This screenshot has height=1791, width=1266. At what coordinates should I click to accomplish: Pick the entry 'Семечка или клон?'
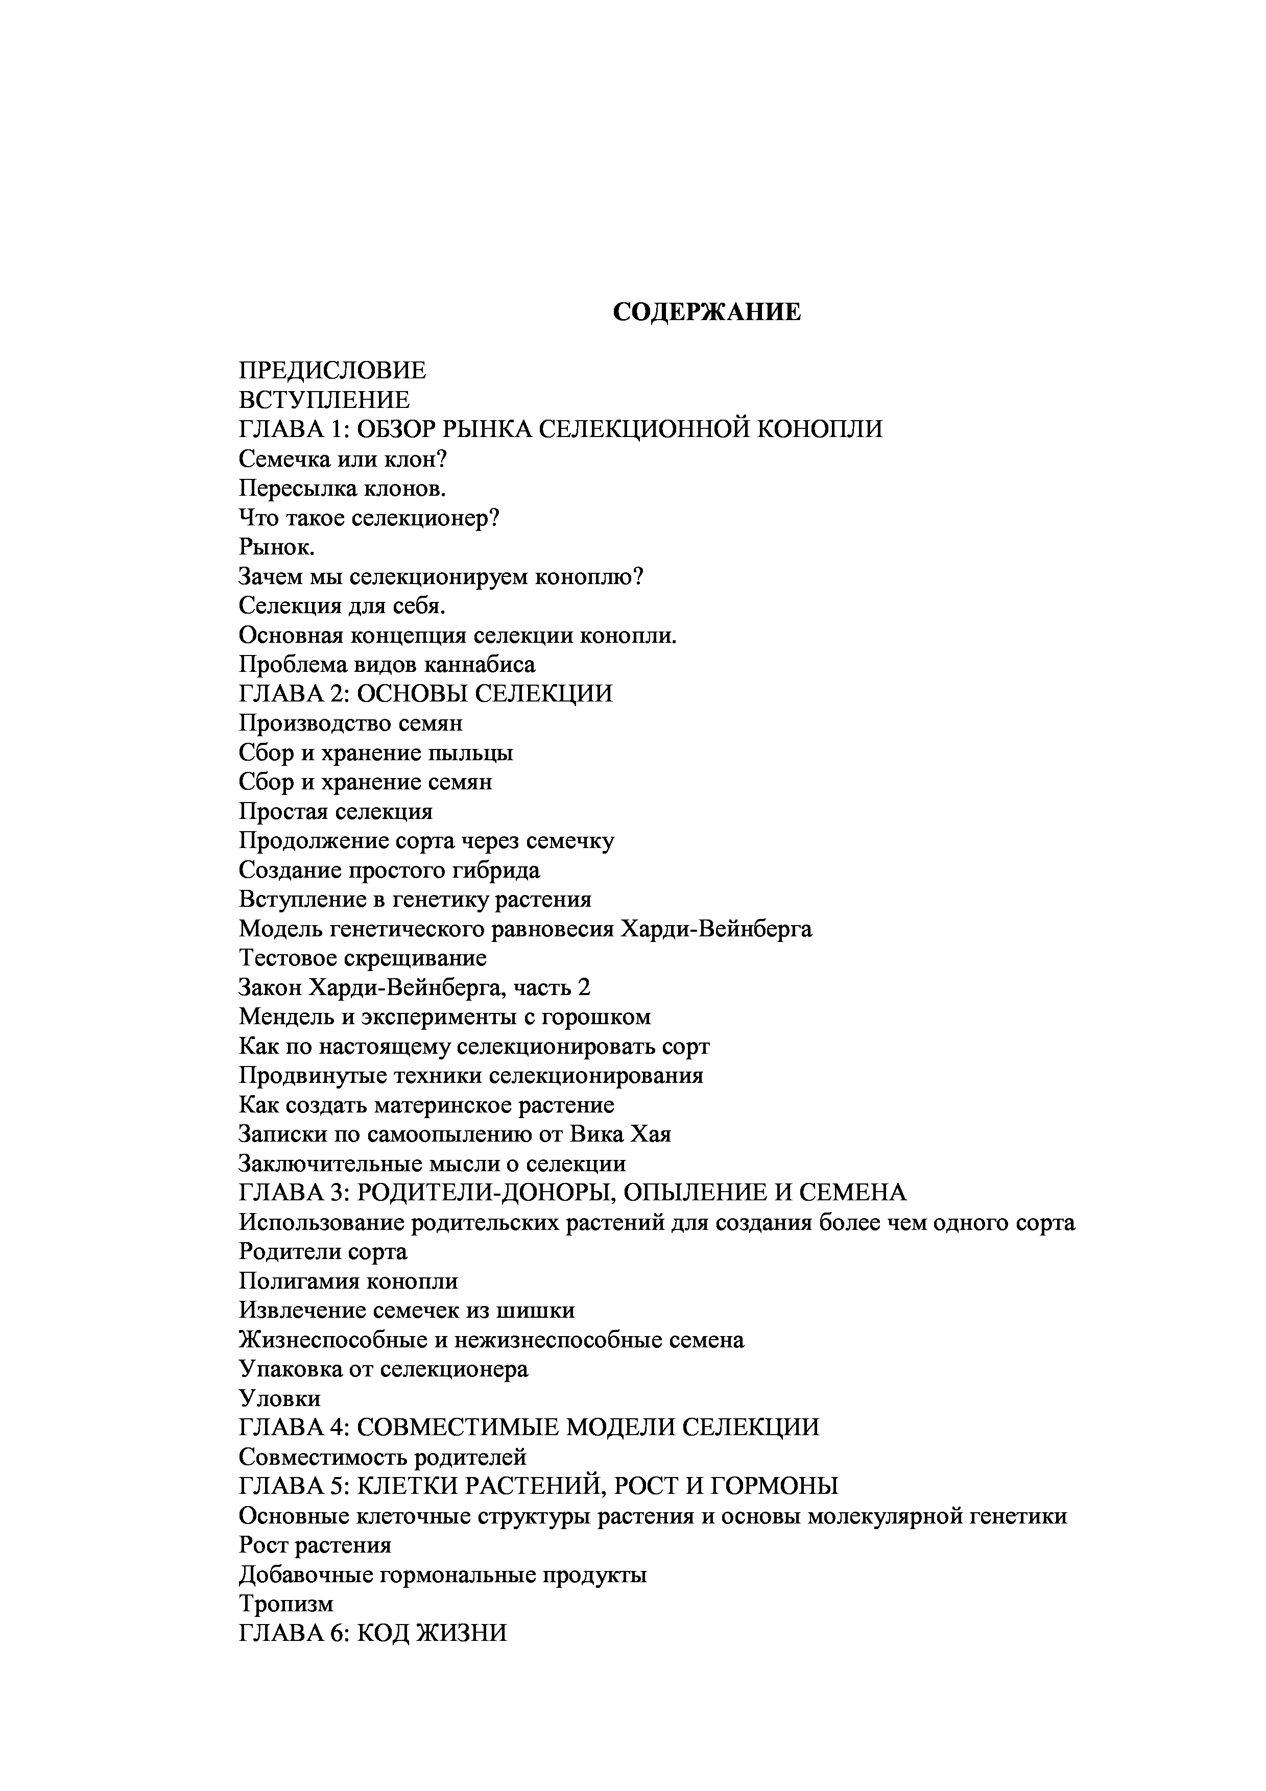[343, 458]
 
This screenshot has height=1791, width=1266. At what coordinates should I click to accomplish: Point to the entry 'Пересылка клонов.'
[343, 488]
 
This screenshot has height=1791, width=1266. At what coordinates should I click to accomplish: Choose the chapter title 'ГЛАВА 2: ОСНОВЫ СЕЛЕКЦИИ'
[425, 693]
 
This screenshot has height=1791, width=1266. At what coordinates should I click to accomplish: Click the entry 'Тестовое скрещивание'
[363, 958]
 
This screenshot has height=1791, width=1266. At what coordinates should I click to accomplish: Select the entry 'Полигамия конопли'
[348, 1281]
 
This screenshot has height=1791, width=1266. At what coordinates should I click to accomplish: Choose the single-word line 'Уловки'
[279, 1398]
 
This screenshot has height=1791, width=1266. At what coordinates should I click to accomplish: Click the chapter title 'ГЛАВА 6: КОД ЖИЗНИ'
[373, 1633]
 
